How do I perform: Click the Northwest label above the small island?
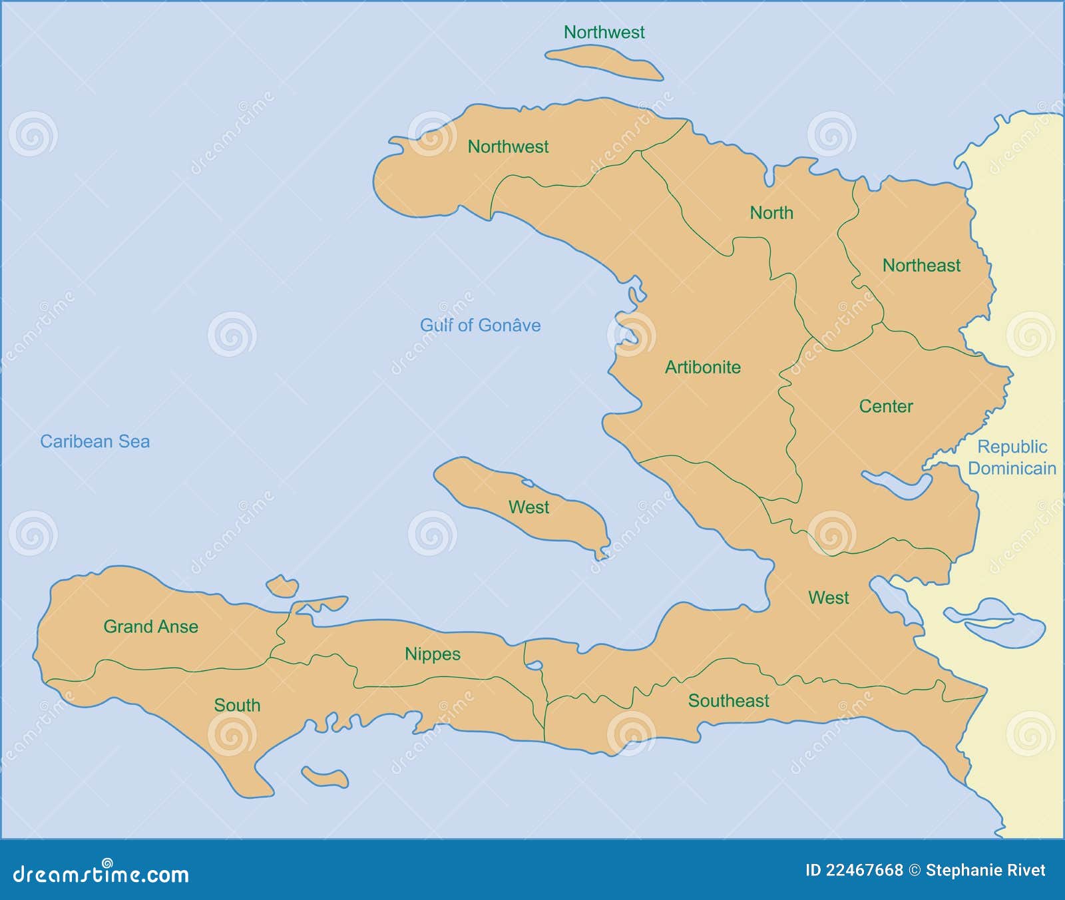coord(604,32)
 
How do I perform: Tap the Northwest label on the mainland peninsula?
coord(508,146)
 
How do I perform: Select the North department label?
coord(771,213)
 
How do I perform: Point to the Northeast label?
coord(921,266)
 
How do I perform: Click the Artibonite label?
coord(702,367)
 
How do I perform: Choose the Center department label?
coord(885,406)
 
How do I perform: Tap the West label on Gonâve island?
coord(529,507)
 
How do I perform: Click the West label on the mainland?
coord(828,598)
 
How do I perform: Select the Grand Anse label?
coord(150,626)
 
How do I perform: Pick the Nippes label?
coord(432,654)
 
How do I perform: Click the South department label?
coord(237,705)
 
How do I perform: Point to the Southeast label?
coord(728,701)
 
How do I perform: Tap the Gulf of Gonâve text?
coord(480,326)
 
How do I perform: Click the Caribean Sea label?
coord(95,441)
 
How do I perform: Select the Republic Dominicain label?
coord(1012,457)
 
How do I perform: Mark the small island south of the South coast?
coord(325,777)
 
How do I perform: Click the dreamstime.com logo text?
coord(101,873)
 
